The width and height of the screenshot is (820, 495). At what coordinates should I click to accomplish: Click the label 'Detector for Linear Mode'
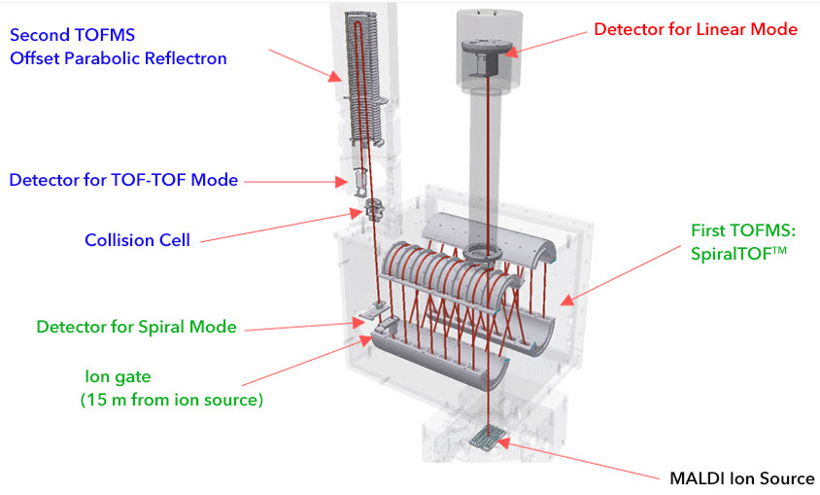point(695,29)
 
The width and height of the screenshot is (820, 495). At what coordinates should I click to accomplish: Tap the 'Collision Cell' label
point(138,239)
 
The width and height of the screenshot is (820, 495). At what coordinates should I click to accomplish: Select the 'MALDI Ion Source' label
point(741,478)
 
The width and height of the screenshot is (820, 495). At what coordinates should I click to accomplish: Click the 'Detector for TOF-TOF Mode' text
point(123,180)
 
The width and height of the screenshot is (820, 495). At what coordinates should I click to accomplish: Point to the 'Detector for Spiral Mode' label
point(136,327)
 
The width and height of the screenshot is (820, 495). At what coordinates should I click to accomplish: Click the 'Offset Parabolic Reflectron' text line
point(119,58)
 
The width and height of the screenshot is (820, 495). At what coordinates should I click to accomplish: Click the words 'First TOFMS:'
point(741,231)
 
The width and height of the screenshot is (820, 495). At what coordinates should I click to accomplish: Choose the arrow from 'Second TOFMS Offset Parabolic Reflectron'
point(303,67)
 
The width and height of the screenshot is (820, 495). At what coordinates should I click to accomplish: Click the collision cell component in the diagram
point(373,210)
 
